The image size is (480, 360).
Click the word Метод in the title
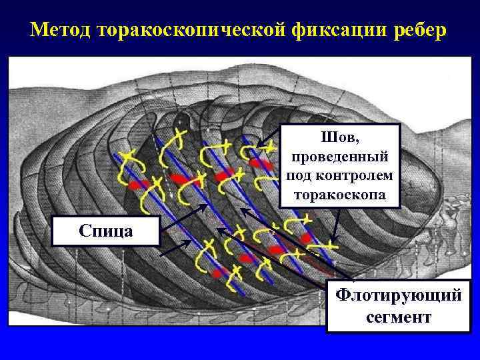(61, 31)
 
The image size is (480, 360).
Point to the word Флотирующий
(397, 295)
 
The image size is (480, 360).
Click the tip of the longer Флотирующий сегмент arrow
(241, 209)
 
